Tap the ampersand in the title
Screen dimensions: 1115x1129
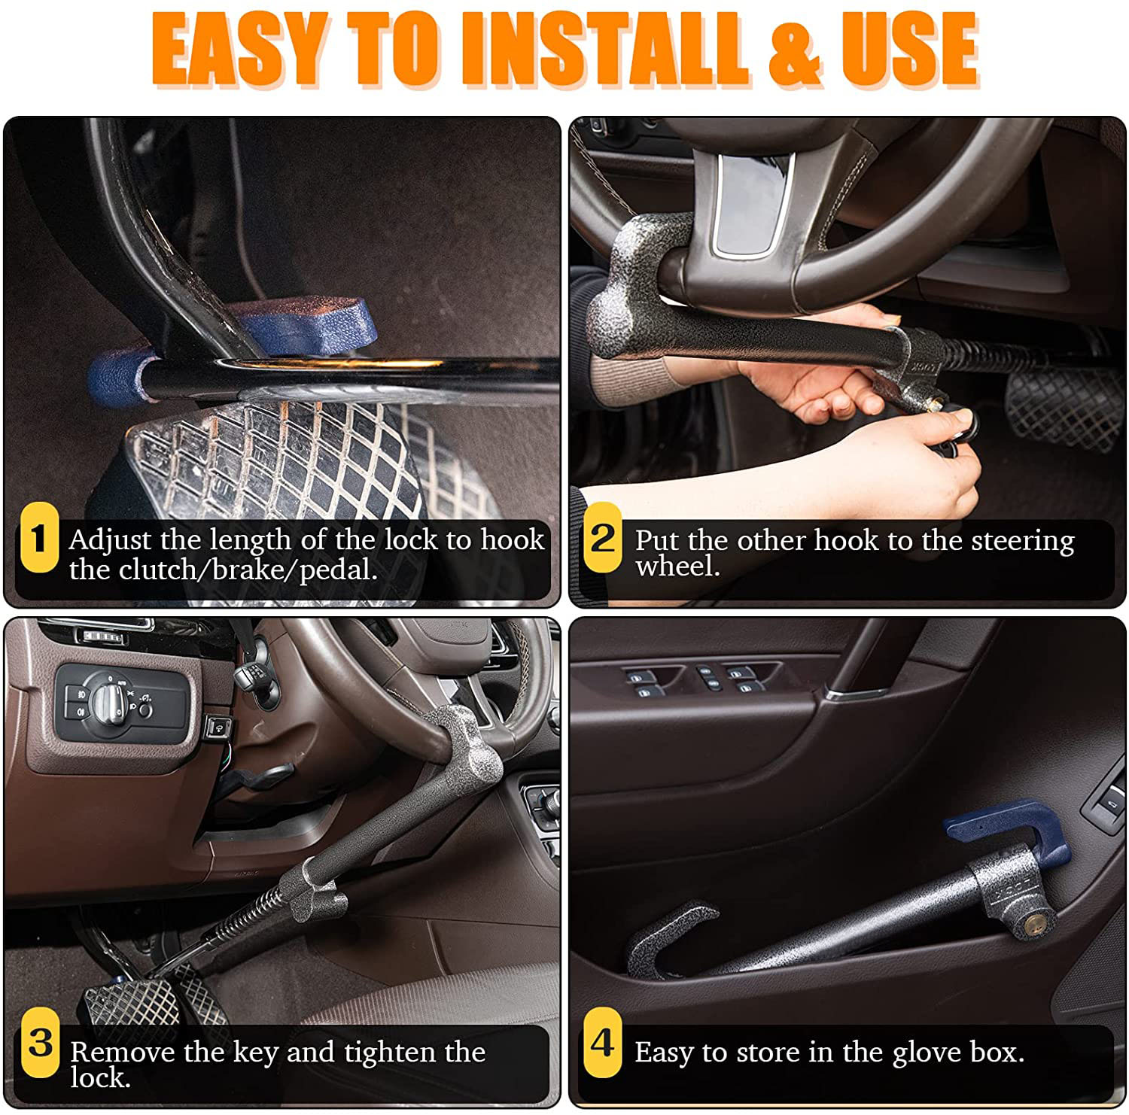click(x=794, y=50)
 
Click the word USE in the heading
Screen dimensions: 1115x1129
click(x=908, y=50)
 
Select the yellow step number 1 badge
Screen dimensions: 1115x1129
click(x=38, y=539)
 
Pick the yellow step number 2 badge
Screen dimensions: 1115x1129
click(x=603, y=539)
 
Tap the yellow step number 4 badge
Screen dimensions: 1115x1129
click(x=603, y=1043)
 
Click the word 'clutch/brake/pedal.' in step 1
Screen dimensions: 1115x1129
click(x=223, y=570)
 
